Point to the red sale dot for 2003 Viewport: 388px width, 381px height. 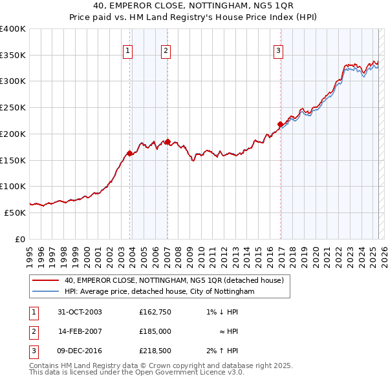[130, 153]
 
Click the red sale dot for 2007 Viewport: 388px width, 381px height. [167, 141]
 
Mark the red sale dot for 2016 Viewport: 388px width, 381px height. [280, 124]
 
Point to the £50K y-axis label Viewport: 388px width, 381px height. [15, 212]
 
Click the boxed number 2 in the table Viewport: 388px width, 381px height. [34, 331]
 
